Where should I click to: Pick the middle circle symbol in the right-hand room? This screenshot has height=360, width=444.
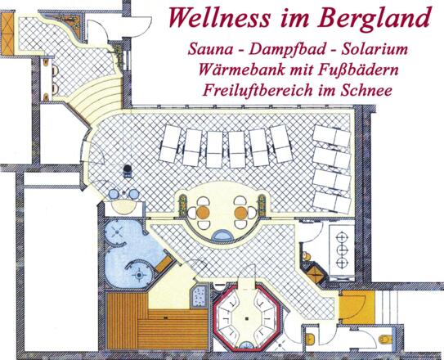(343, 244)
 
